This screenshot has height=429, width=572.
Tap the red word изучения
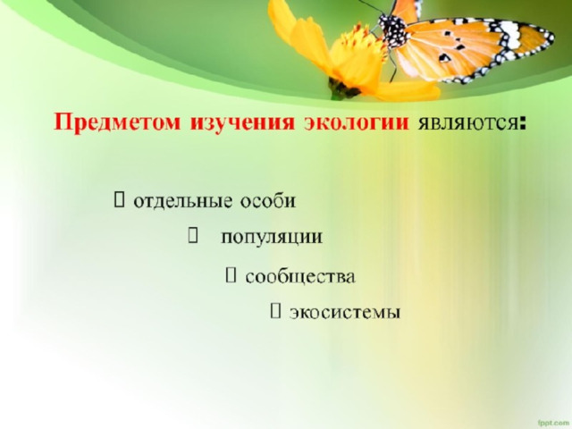pyautogui.click(x=242, y=122)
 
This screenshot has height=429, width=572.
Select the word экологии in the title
pyautogui.click(x=356, y=122)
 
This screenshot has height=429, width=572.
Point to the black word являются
pyautogui.click(x=468, y=124)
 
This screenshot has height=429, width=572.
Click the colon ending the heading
pyautogui.click(x=523, y=124)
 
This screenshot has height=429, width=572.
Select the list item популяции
pyautogui.click(x=272, y=238)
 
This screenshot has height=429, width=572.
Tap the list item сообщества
pyautogui.click(x=300, y=276)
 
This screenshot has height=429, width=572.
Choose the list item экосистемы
pyautogui.click(x=345, y=312)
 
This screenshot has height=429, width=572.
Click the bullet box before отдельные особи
pyautogui.click(x=119, y=200)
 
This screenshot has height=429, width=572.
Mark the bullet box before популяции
pyautogui.click(x=193, y=236)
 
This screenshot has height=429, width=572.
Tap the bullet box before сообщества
pyautogui.click(x=231, y=275)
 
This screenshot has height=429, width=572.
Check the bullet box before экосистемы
pyautogui.click(x=275, y=311)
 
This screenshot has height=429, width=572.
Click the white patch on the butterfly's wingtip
pyautogui.click(x=509, y=34)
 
